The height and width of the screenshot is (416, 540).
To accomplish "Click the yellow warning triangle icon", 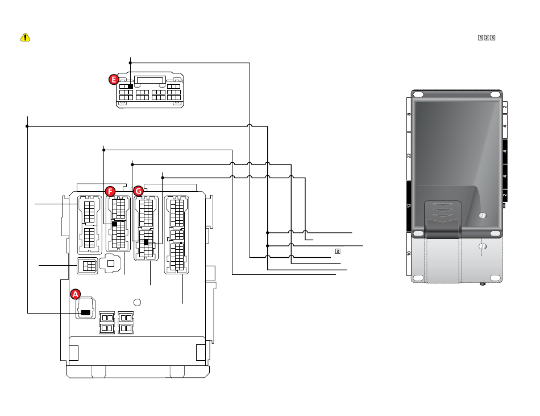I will tap(26, 38).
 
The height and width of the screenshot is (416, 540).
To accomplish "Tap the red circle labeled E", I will tap(114, 80).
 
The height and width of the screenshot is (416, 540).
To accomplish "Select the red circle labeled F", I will tap(110, 191).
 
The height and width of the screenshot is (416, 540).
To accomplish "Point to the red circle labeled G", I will tap(138, 191).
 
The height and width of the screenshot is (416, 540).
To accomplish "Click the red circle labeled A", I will tap(76, 294).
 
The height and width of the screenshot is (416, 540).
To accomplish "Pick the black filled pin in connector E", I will tap(130, 86).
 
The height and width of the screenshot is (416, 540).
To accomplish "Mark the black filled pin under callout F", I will tap(114, 224).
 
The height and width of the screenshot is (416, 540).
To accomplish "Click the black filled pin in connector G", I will tap(146, 243).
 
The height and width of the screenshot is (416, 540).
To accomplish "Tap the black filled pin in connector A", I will tap(85, 312).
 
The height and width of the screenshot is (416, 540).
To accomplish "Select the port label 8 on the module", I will tap(409, 114).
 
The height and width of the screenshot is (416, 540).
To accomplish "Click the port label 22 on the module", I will tap(409, 156).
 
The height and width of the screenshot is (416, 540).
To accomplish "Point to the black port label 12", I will tap(409, 206).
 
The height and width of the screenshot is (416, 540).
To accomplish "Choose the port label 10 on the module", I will tap(409, 254).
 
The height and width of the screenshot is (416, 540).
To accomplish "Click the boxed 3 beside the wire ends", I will tap(337, 250).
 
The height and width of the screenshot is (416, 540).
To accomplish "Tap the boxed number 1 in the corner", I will tap(480, 38).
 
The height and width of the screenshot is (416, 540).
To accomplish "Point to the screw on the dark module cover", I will tap(483, 216).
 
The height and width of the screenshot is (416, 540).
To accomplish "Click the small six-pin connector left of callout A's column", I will tap(87, 265).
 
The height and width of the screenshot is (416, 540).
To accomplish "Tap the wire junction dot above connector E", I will tap(131, 62).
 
